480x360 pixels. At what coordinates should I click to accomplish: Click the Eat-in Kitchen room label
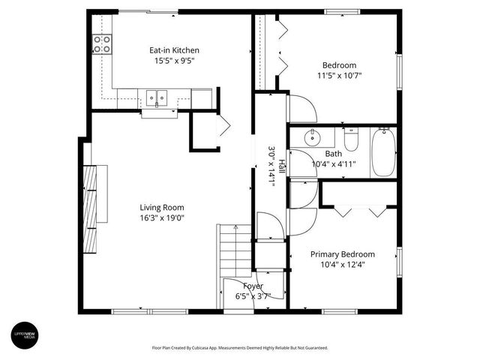pos(174,50)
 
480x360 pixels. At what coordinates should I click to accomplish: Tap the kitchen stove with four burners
pos(102,44)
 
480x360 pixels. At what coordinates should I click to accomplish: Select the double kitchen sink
pos(157,96)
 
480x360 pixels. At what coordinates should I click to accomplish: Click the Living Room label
pos(161,208)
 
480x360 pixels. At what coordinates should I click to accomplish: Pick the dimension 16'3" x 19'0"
pos(161,218)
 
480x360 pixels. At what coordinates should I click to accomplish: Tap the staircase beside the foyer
pos(233,250)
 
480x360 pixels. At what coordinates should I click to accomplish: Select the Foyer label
pos(253,286)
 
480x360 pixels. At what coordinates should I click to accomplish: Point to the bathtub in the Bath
pos(383,151)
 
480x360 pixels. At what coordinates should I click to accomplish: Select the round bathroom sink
pos(313,138)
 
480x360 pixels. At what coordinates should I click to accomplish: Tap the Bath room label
pos(333,154)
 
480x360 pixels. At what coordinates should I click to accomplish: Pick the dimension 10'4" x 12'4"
pos(343,264)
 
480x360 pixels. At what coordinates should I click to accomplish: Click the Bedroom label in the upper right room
pos(339,65)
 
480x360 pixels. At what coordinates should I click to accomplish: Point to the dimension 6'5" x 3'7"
pos(253,295)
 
